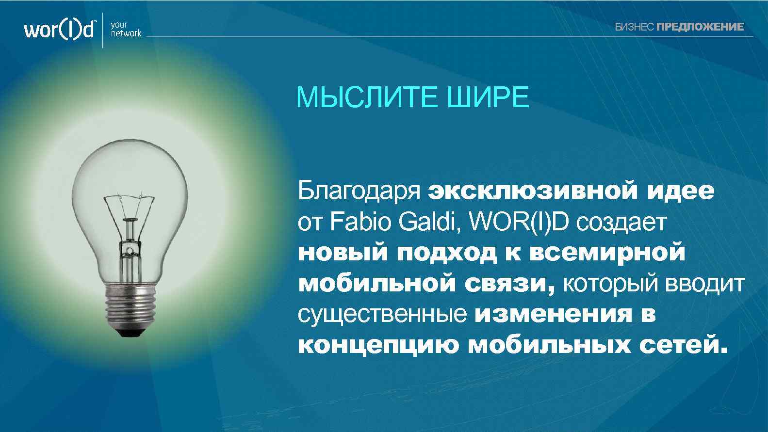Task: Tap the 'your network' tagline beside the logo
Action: (126, 29)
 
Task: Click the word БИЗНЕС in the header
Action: (634, 27)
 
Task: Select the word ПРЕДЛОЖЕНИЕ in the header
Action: (700, 27)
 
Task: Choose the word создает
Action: (622, 222)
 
